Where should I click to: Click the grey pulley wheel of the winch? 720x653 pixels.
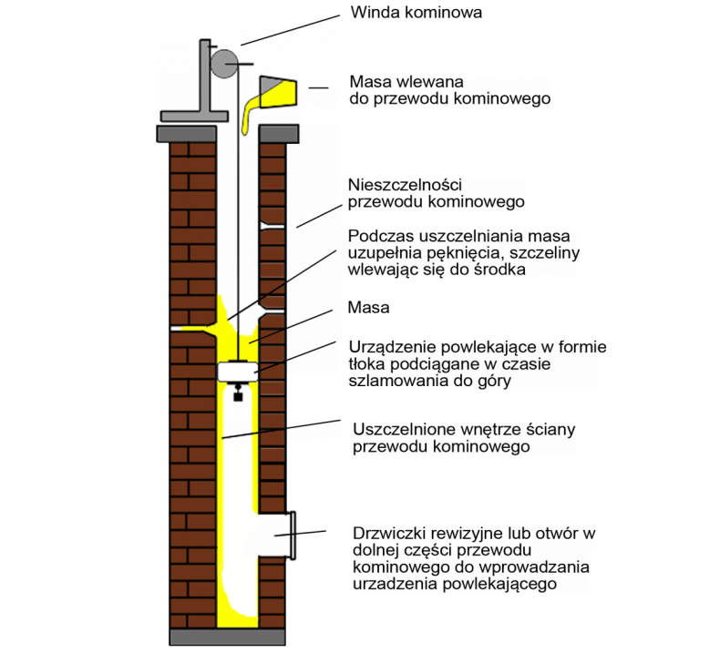[223, 63]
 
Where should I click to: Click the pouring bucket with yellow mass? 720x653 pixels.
[277, 90]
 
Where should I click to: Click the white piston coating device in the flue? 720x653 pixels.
[239, 372]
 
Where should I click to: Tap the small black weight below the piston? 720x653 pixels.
[239, 394]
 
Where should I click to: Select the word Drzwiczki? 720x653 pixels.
[387, 533]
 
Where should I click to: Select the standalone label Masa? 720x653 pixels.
[369, 308]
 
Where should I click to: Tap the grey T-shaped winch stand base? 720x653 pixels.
[194, 116]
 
